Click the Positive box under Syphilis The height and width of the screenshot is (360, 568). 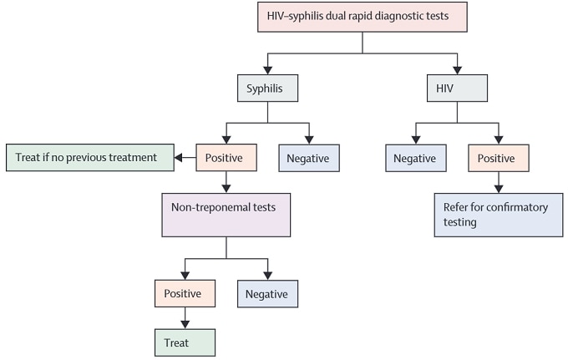pyautogui.click(x=226, y=157)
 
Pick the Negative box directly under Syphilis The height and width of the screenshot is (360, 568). pyautogui.click(x=309, y=157)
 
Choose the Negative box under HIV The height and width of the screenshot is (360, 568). pyautogui.click(x=415, y=157)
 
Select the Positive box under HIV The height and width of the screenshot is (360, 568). pyautogui.click(x=499, y=157)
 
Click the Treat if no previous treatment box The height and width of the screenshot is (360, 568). pyautogui.click(x=88, y=157)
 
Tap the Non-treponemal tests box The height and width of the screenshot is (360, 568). pyautogui.click(x=226, y=215)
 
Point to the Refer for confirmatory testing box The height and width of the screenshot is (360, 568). pyautogui.click(x=498, y=215)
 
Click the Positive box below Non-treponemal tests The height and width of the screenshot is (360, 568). pyautogui.click(x=184, y=294)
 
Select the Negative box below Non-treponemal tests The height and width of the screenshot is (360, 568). pyautogui.click(x=267, y=294)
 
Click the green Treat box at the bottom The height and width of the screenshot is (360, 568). pyautogui.click(x=184, y=342)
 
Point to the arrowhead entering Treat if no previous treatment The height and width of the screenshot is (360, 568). pyautogui.click(x=178, y=157)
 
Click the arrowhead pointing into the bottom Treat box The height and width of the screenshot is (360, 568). pyautogui.click(x=184, y=324)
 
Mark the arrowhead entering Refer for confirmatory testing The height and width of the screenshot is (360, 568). pyautogui.click(x=499, y=189)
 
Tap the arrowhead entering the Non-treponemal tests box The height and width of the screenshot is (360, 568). pyautogui.click(x=226, y=189)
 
